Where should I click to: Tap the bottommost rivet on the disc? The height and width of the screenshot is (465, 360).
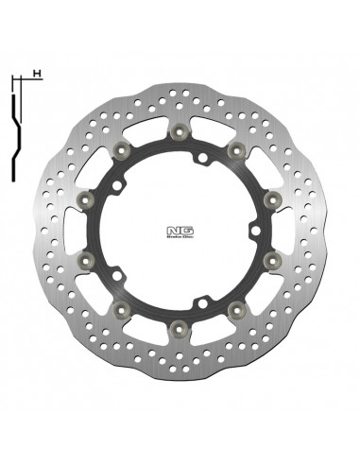point(178,328)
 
